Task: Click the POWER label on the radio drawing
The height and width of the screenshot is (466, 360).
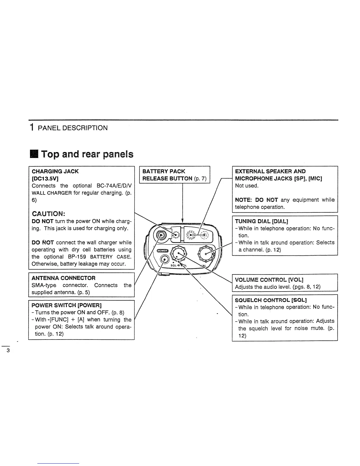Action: tap(163, 251)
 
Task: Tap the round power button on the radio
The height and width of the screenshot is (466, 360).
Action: tap(164, 260)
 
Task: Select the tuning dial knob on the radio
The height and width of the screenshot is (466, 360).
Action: tap(206, 254)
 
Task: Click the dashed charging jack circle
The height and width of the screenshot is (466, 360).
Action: tap(176, 235)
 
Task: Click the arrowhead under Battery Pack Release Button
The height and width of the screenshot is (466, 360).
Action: tap(182, 221)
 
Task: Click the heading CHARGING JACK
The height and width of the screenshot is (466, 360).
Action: tap(55, 171)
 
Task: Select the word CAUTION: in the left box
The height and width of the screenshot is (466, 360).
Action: tap(49, 214)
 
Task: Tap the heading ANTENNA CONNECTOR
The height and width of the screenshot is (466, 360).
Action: tap(64, 278)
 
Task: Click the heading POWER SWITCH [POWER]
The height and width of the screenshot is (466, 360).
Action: tap(66, 305)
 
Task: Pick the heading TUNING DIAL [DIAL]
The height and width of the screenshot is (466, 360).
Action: tap(261, 221)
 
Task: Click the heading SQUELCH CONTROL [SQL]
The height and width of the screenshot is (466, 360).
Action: tap(271, 300)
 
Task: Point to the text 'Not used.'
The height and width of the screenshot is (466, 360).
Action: tap(247, 186)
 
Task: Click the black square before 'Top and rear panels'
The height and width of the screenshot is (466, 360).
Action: tap(34, 154)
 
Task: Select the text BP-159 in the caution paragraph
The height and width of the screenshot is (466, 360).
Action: tap(77, 257)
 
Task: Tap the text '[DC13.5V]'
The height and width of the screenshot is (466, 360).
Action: tap(45, 178)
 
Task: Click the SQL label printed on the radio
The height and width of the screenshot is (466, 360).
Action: tap(173, 265)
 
